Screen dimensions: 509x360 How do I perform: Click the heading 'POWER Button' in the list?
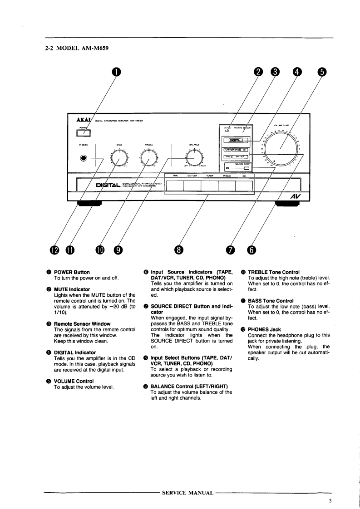[72, 272]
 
